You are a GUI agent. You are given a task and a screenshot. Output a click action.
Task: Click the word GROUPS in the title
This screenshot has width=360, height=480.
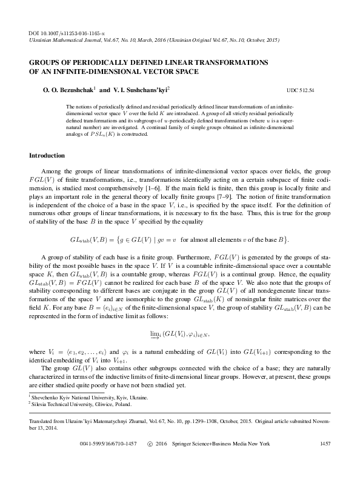coord(47,62)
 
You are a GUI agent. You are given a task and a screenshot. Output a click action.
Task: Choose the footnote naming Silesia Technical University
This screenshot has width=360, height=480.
coord(87,403)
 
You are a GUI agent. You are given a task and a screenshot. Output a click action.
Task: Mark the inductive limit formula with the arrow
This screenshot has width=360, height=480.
coord(179,334)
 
